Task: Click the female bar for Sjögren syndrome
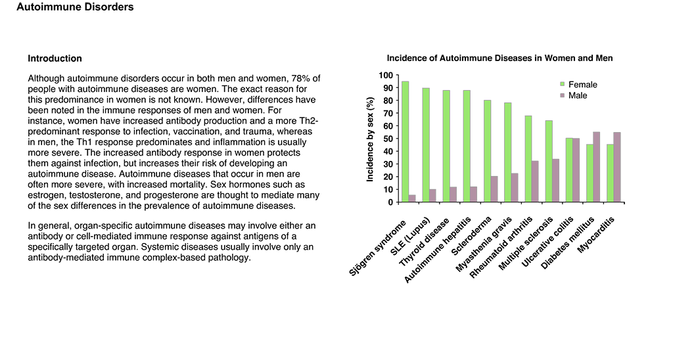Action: (x=405, y=142)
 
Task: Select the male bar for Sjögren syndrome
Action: (x=412, y=198)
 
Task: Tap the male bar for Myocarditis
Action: (x=616, y=168)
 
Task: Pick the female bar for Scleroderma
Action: (x=487, y=151)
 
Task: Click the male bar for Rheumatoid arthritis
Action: (x=535, y=181)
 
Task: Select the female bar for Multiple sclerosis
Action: (x=549, y=162)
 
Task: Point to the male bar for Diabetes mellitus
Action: (x=597, y=167)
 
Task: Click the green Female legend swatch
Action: (x=563, y=84)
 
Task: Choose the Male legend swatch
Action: (x=563, y=95)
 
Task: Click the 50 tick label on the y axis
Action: (x=388, y=139)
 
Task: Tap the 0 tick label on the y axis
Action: (x=390, y=202)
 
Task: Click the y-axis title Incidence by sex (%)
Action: (x=370, y=139)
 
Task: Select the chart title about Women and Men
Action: (x=499, y=58)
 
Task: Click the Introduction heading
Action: (x=55, y=58)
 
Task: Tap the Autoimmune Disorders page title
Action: (x=75, y=7)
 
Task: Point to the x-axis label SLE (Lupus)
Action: (x=410, y=236)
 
